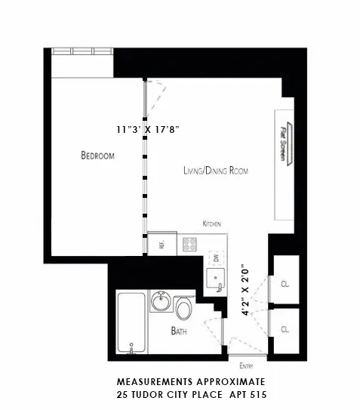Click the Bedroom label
97,156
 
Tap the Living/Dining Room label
216,171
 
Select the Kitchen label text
211,223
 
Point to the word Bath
178,331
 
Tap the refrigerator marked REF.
161,243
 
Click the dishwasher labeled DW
215,258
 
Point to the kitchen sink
217,282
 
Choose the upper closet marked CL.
285,284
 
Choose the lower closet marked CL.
285,329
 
